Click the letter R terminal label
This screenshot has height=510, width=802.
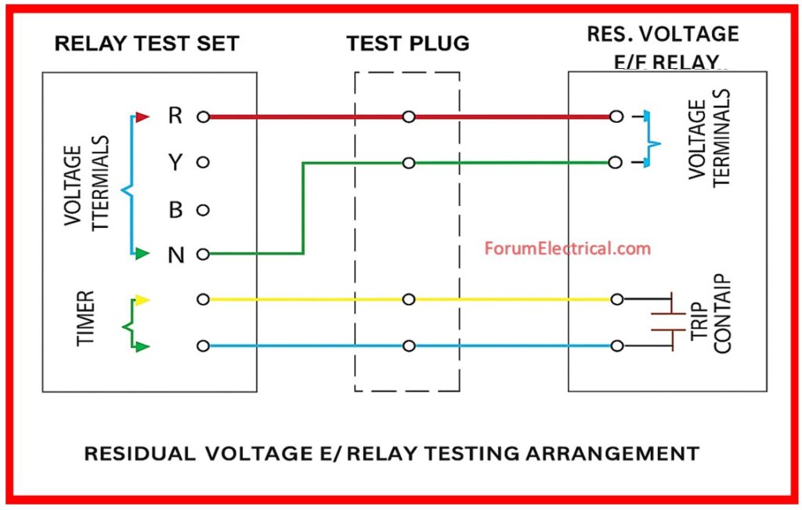point(175,117)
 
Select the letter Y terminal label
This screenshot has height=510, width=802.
point(175,163)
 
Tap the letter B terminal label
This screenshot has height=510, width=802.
point(175,210)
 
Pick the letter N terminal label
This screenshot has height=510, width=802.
point(175,255)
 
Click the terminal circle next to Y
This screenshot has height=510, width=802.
point(203,163)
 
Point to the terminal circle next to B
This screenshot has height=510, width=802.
point(203,210)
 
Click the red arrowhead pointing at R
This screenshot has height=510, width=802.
point(142,118)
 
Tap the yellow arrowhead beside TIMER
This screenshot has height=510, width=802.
point(142,299)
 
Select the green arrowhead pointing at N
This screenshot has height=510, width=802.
point(142,254)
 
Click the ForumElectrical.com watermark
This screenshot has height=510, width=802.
point(567,249)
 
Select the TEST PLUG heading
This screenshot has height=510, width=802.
point(408,44)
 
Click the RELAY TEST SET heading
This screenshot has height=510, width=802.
point(146,44)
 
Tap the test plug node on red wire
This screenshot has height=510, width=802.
point(408,117)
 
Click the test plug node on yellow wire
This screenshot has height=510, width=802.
point(408,299)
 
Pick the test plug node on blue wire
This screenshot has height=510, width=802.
point(408,345)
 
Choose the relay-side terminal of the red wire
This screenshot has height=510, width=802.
point(616,117)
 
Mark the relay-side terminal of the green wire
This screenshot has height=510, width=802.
point(616,163)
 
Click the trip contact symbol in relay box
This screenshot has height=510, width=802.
point(664,322)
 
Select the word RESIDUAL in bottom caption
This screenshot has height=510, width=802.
point(139,453)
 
